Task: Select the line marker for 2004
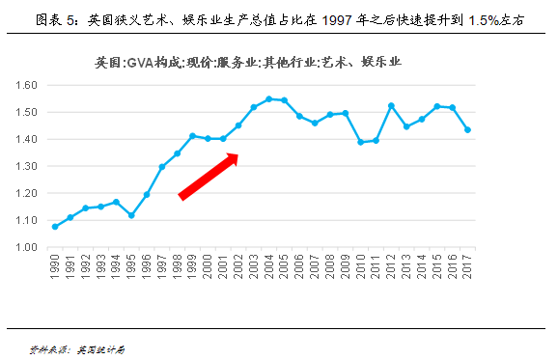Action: pos(269,98)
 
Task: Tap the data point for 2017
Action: pos(467,130)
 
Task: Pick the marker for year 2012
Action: pos(391,105)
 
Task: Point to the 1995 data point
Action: pos(131,215)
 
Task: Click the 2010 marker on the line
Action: pos(360,142)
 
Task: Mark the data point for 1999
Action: pos(192,136)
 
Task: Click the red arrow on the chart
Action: pos(209,176)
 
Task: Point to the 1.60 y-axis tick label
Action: pos(26,85)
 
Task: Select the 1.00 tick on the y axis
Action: pos(26,247)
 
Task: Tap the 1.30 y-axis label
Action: pos(26,166)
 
